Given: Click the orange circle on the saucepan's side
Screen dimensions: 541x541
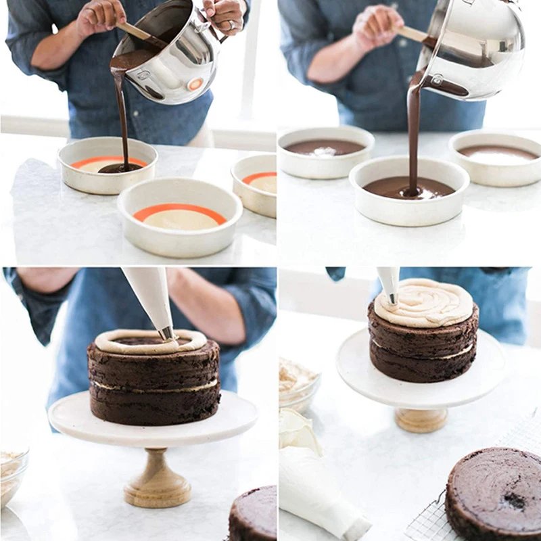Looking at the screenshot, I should point(195,85).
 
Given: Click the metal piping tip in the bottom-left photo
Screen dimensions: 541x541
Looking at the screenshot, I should point(166,333).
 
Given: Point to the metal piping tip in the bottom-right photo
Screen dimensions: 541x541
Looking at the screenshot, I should point(392,298).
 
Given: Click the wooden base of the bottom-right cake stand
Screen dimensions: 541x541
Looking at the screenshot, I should point(421,419).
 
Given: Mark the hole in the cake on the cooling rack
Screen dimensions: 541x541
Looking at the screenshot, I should point(515,500).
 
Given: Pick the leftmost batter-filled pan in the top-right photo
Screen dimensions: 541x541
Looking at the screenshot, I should point(325,151).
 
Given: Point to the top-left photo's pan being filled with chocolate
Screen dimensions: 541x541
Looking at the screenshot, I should point(108,165).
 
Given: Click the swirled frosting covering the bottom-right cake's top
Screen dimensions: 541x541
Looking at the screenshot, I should point(423,303).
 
